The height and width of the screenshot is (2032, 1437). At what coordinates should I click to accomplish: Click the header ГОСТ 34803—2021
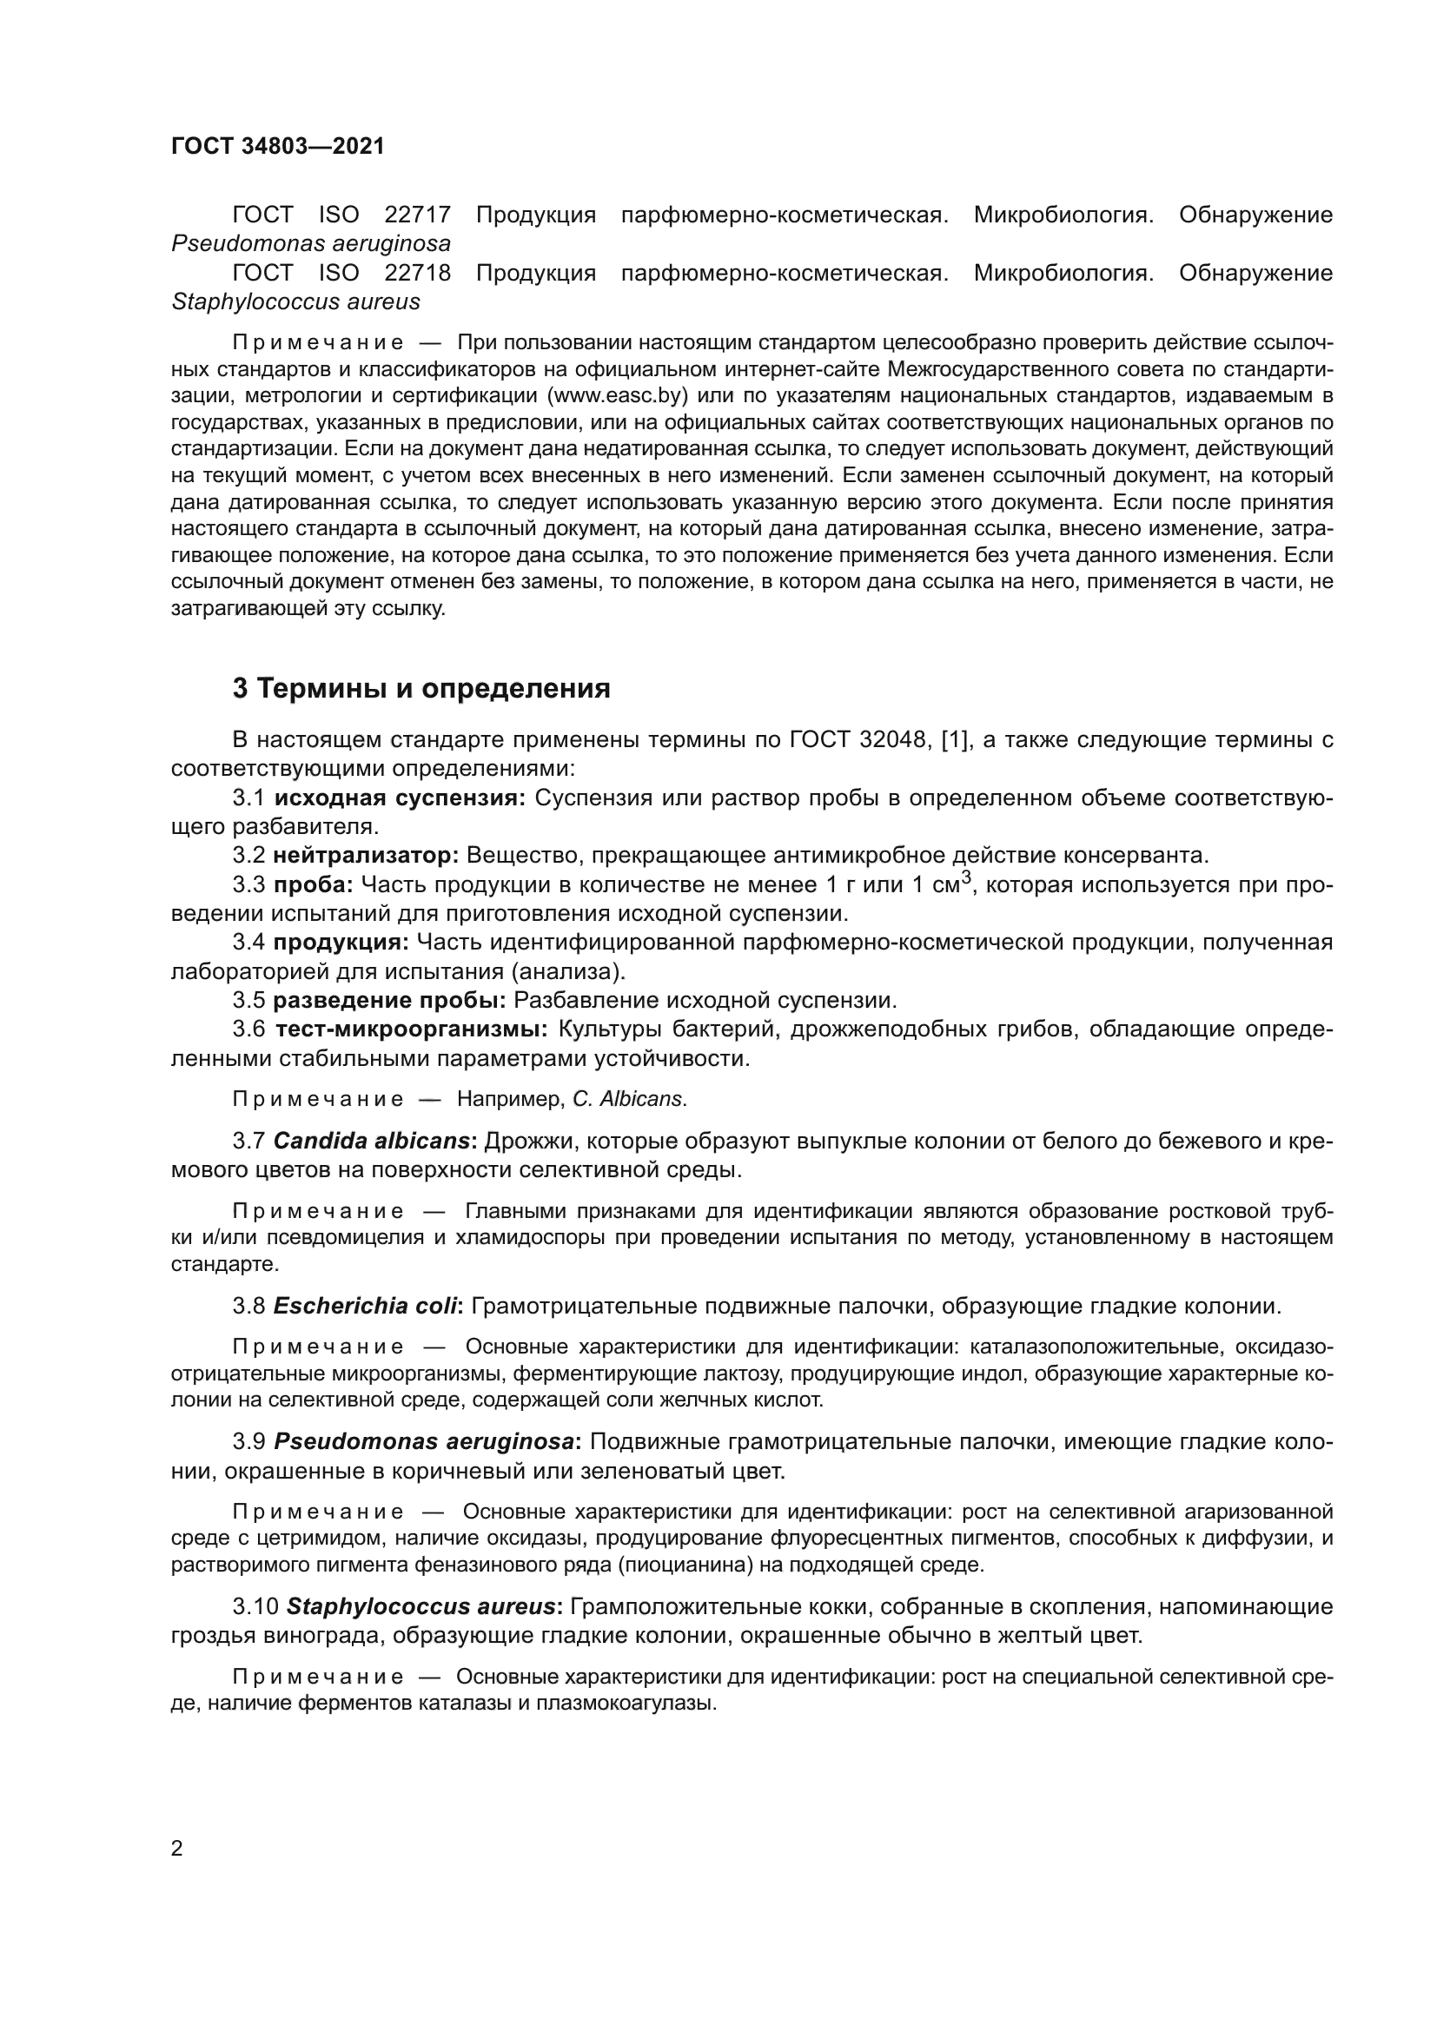[278, 146]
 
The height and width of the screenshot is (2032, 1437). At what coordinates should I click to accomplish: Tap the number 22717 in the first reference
[418, 215]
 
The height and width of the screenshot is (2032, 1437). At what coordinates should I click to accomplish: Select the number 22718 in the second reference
[418, 274]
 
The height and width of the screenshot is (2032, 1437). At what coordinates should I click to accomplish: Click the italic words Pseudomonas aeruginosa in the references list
[310, 243]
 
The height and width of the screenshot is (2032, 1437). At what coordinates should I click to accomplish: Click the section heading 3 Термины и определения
[421, 689]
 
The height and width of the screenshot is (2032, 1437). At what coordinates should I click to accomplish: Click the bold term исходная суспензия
[400, 798]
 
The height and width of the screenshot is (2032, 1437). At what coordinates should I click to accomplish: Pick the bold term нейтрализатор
[366, 856]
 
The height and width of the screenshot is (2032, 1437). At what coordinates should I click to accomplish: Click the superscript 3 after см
[967, 877]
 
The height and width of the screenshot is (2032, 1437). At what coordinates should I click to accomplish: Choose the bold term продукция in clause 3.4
[341, 943]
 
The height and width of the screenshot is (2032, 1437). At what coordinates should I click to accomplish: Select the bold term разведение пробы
[389, 1001]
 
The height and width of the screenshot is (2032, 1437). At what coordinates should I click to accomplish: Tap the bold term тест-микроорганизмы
[412, 1029]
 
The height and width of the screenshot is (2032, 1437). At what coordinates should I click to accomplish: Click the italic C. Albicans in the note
[629, 1099]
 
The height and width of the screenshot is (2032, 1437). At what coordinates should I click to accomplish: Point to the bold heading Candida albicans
[372, 1141]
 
